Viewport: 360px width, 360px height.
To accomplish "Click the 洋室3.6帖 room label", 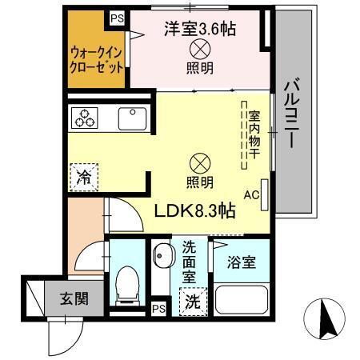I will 199,30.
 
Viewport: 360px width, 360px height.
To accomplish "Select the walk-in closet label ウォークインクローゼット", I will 96,58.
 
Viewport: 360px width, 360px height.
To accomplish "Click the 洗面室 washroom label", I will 190,262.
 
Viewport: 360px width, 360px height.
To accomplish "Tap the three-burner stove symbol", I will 85,118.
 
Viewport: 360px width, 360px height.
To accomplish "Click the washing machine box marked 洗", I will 192,302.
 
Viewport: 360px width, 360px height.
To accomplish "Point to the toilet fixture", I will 126,285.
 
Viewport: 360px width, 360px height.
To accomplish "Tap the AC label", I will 250,194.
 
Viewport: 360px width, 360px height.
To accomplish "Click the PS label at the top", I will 118,17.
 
